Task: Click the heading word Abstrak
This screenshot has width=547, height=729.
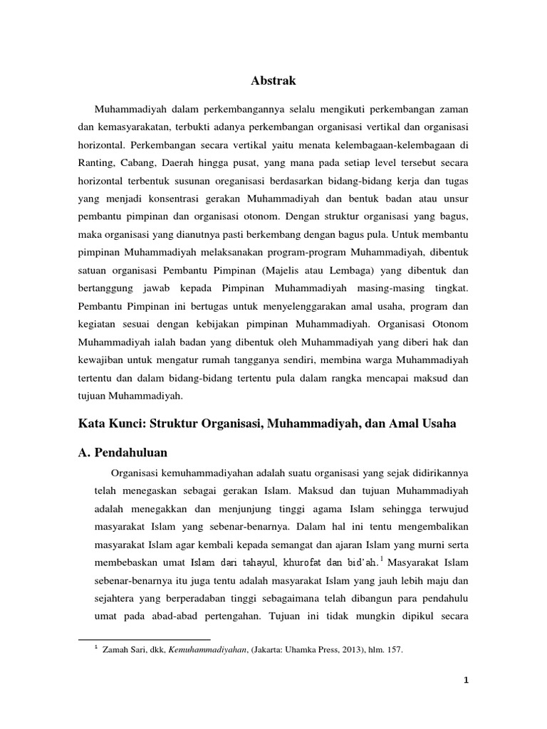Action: [x=273, y=82]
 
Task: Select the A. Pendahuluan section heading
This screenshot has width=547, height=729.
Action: [x=125, y=451]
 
